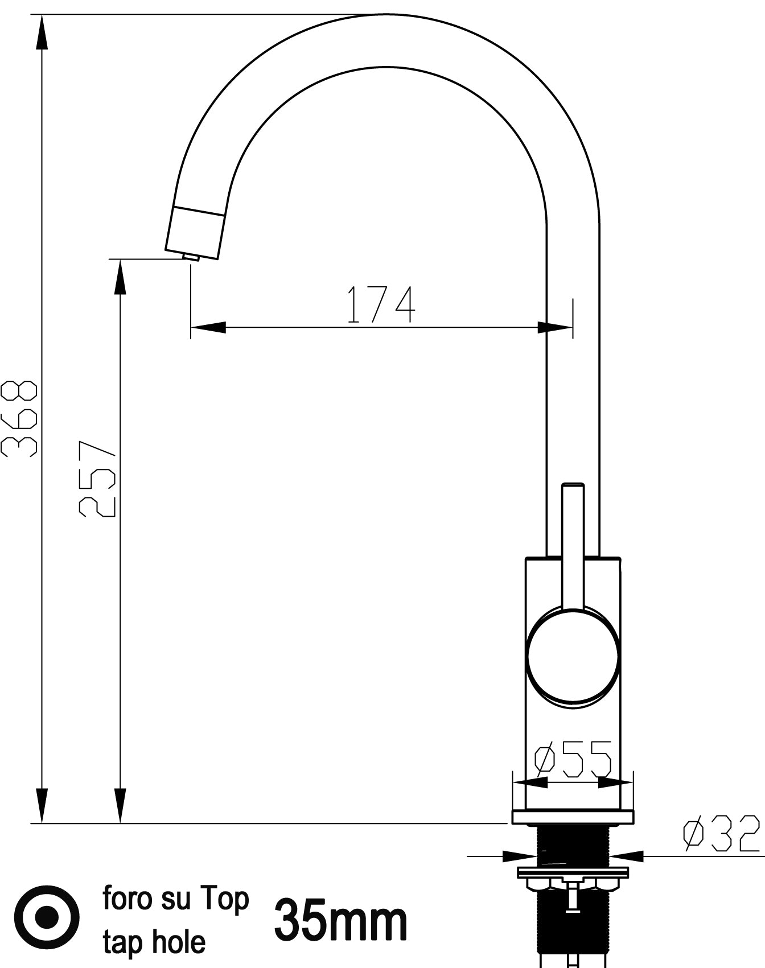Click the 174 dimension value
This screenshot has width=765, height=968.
381,305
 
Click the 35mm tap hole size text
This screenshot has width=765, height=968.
341,921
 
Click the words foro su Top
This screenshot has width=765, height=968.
176,899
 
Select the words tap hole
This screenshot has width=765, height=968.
154,942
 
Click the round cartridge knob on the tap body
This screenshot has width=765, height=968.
573,656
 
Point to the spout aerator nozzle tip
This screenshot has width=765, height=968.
191,257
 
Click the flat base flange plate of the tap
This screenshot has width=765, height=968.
573,817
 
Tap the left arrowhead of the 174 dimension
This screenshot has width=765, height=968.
208,327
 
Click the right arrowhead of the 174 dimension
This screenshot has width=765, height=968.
555,328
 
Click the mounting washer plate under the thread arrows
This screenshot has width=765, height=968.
573,872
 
